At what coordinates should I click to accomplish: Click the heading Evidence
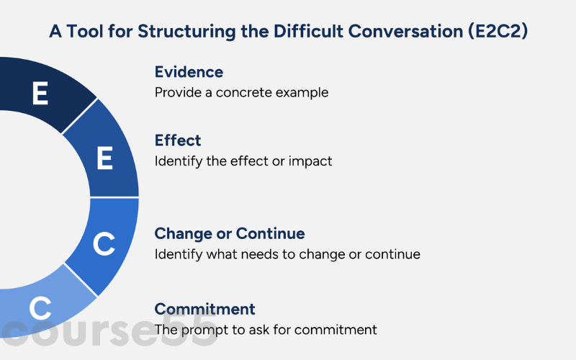tap(189, 71)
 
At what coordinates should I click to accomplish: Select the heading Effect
tap(178, 140)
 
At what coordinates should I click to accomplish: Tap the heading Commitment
tap(204, 309)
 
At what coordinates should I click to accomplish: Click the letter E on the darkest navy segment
tap(40, 93)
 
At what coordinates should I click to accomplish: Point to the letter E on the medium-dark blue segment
tap(104, 158)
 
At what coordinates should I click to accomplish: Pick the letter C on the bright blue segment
tap(104, 243)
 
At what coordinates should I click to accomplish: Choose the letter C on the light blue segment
tap(40, 308)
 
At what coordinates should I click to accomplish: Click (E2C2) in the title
tap(498, 31)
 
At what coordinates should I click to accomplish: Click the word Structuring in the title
tap(186, 32)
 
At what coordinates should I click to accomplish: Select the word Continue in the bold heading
tap(271, 233)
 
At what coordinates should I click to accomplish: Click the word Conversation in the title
tap(405, 31)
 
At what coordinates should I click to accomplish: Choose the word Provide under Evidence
tap(178, 92)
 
